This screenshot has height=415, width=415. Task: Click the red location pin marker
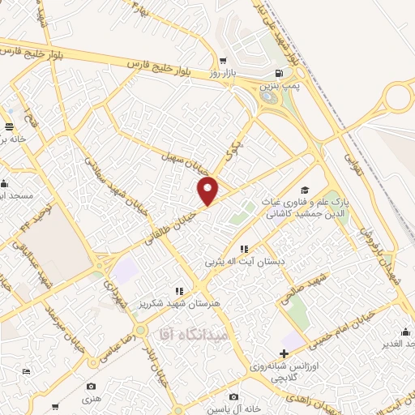(209, 190)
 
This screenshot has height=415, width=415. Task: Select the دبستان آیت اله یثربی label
(244, 261)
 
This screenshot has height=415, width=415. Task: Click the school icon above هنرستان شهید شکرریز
(179, 290)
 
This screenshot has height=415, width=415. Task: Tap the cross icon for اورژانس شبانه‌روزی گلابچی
(283, 353)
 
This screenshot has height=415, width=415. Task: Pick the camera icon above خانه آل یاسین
(233, 397)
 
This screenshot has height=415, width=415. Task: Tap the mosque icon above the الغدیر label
(404, 332)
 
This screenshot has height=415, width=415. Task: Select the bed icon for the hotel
(27, 371)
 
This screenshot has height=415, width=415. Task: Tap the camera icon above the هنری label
(91, 386)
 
